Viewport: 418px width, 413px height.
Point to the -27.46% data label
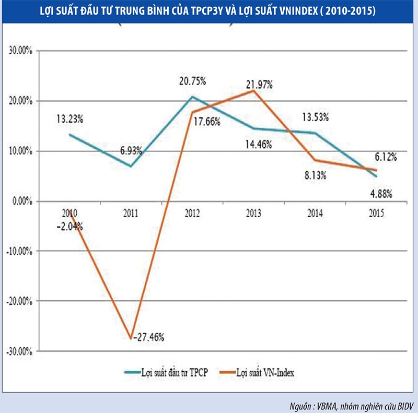pyautogui.click(x=150, y=337)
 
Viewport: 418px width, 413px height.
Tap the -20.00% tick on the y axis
pyautogui.click(x=19, y=301)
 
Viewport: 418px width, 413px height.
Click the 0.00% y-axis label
pyautogui.click(x=21, y=201)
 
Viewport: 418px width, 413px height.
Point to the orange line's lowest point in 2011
pyautogui.click(x=131, y=338)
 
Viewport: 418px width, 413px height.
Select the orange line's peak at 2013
pyautogui.click(x=253, y=90)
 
